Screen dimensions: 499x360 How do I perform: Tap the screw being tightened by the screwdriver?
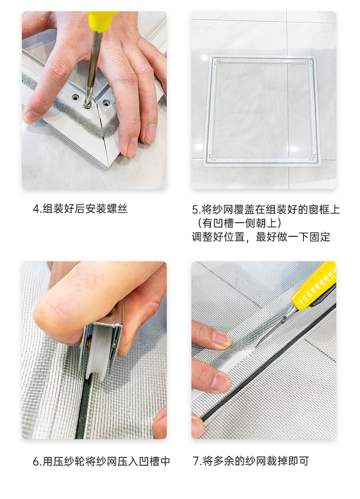click(88, 104)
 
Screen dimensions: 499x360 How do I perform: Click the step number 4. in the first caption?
click(37, 209)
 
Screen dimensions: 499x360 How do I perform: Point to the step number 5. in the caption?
click(196, 210)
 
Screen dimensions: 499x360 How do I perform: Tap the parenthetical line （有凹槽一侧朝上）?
click(237, 223)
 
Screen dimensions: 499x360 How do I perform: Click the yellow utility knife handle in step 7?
click(313, 286)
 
